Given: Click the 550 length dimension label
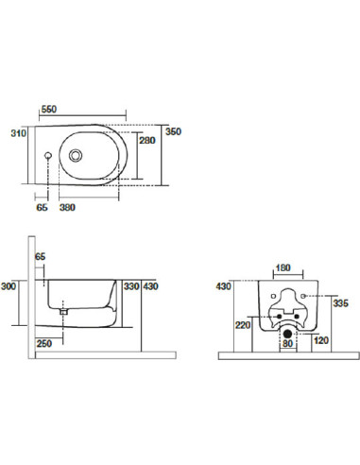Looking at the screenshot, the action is [49, 110].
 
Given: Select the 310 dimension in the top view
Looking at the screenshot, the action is [19, 133].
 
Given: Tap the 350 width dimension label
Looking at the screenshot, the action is [174, 131].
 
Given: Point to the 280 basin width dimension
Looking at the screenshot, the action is [147, 140].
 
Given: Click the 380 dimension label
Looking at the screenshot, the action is [67, 207].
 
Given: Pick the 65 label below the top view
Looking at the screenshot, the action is [42, 207].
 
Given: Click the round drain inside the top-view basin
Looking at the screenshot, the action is [76, 155].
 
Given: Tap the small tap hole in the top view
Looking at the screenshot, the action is [48, 155].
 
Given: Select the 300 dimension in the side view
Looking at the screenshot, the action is [9, 286].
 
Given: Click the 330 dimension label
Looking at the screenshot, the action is [131, 286].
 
